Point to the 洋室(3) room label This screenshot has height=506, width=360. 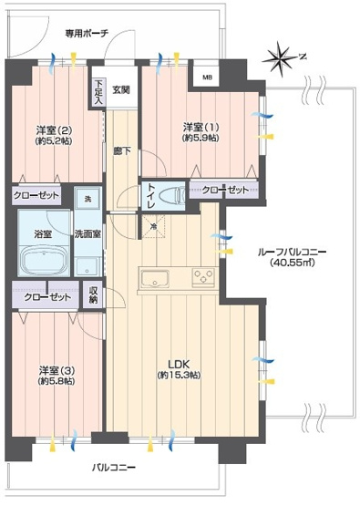tap(54, 376)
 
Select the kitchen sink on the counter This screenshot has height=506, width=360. tap(152, 279)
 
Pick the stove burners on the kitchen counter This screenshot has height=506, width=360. tap(201, 279)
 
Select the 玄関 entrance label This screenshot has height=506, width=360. tap(121, 89)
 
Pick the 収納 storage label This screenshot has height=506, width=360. tap(94, 294)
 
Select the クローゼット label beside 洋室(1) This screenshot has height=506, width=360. tap(223, 191)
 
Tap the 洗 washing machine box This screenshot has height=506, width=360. tap(88, 198)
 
